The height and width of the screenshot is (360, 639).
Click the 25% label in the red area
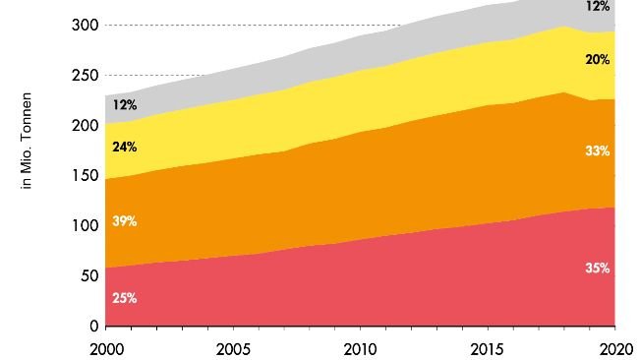(124, 298)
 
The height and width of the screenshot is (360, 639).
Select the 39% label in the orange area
(124, 221)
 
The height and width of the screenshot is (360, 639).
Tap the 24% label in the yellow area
(124, 148)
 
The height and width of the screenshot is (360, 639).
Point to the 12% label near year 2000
(124, 104)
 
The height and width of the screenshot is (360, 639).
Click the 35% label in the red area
(598, 268)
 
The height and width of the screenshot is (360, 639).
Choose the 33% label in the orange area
(598, 151)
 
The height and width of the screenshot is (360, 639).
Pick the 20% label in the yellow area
(598, 60)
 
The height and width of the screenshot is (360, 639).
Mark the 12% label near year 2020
(598, 6)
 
